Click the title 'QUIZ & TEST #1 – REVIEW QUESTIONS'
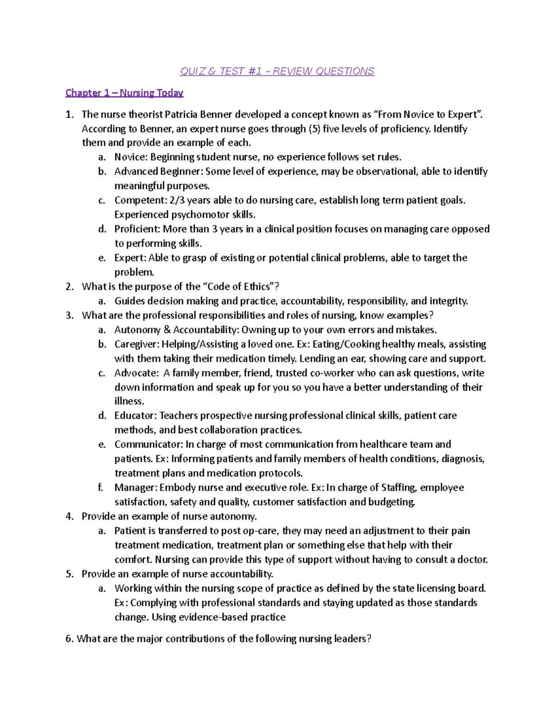(277, 71)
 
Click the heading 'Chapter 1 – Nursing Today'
(124, 93)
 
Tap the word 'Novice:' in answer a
(131, 157)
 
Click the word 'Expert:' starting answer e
(130, 258)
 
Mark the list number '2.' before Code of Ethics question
(69, 287)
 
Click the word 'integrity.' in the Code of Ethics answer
(449, 301)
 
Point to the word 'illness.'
(129, 401)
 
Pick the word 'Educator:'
(135, 416)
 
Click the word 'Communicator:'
(148, 445)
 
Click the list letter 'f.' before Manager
(101, 488)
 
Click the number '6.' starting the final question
(69, 639)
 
